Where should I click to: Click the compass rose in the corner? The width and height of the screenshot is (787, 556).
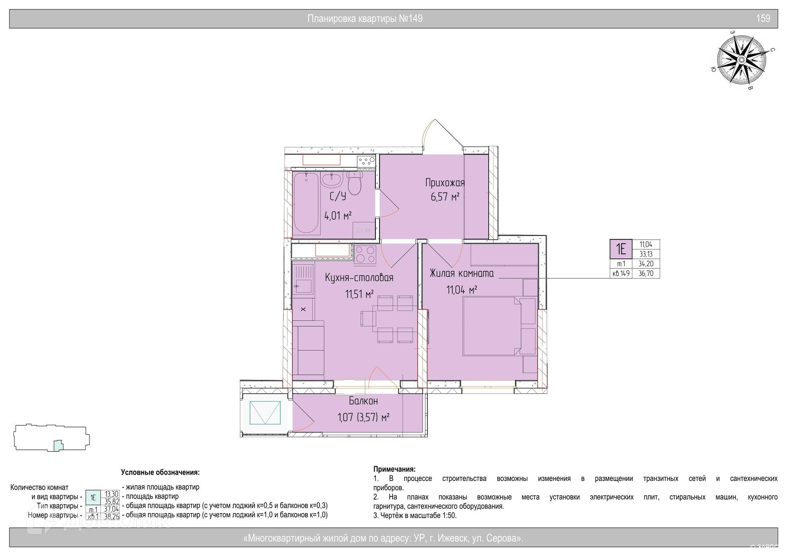point(741,60)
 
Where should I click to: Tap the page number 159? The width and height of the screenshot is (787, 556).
point(763,18)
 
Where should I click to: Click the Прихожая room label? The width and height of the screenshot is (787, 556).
point(445,182)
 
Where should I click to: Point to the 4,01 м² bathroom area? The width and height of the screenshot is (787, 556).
point(338,216)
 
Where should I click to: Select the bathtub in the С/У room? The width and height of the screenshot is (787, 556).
point(306,202)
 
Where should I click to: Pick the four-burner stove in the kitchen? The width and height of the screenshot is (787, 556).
point(365,254)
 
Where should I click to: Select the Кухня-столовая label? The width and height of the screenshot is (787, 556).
point(359,278)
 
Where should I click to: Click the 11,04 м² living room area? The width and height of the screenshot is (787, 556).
point(462,290)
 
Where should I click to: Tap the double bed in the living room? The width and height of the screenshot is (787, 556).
point(499,326)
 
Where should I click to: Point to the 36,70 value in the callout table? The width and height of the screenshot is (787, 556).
point(646,273)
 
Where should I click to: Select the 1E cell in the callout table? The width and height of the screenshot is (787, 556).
point(621,249)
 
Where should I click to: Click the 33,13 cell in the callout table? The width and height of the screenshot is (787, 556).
point(646,254)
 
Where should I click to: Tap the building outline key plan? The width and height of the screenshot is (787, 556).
point(52,438)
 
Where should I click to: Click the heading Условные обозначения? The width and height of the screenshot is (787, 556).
point(160,472)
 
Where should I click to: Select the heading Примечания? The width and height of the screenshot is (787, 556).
point(394,469)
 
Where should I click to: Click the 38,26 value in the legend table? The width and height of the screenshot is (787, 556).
point(111,517)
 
